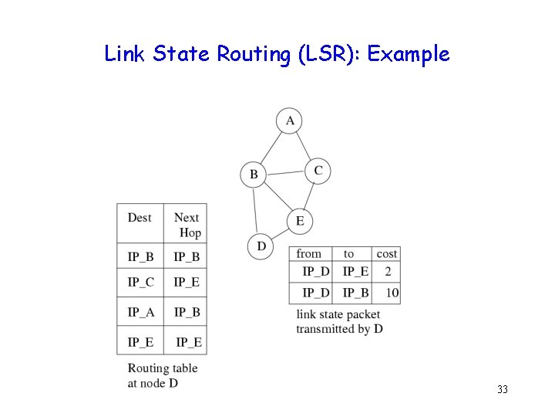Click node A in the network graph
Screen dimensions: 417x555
pos(290,120)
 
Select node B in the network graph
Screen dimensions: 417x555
pos(254,175)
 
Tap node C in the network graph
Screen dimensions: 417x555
pos(318,171)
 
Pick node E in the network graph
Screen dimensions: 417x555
pos(300,222)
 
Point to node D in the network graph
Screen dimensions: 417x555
pos(261,246)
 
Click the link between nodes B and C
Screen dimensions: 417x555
pos(285,172)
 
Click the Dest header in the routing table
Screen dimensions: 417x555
pos(140,218)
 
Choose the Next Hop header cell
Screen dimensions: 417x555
pos(187,225)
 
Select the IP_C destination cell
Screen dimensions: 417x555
pos(140,282)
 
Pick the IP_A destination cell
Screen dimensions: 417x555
pos(140,312)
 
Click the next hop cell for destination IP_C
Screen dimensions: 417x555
pos(187,282)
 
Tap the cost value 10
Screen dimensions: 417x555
pos(392,293)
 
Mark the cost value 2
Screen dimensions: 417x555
pos(388,271)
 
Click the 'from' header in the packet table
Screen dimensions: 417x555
pos(309,253)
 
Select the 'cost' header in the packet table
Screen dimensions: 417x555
pos(387,253)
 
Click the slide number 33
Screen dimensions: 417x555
pos(503,389)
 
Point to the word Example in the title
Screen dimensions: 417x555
pos(409,54)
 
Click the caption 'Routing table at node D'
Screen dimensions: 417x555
pos(162,375)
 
